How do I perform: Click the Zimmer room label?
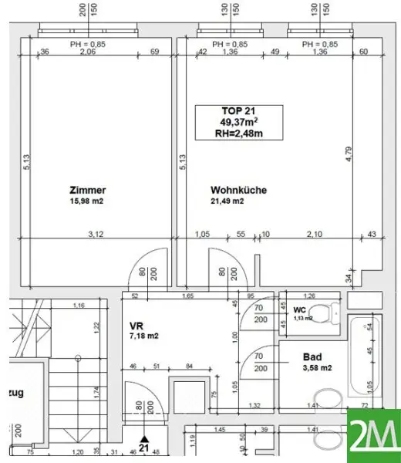point(86,190)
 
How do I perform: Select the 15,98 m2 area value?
point(86,201)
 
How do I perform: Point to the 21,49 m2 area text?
point(228,201)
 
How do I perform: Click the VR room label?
point(136,326)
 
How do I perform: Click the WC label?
point(300,309)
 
